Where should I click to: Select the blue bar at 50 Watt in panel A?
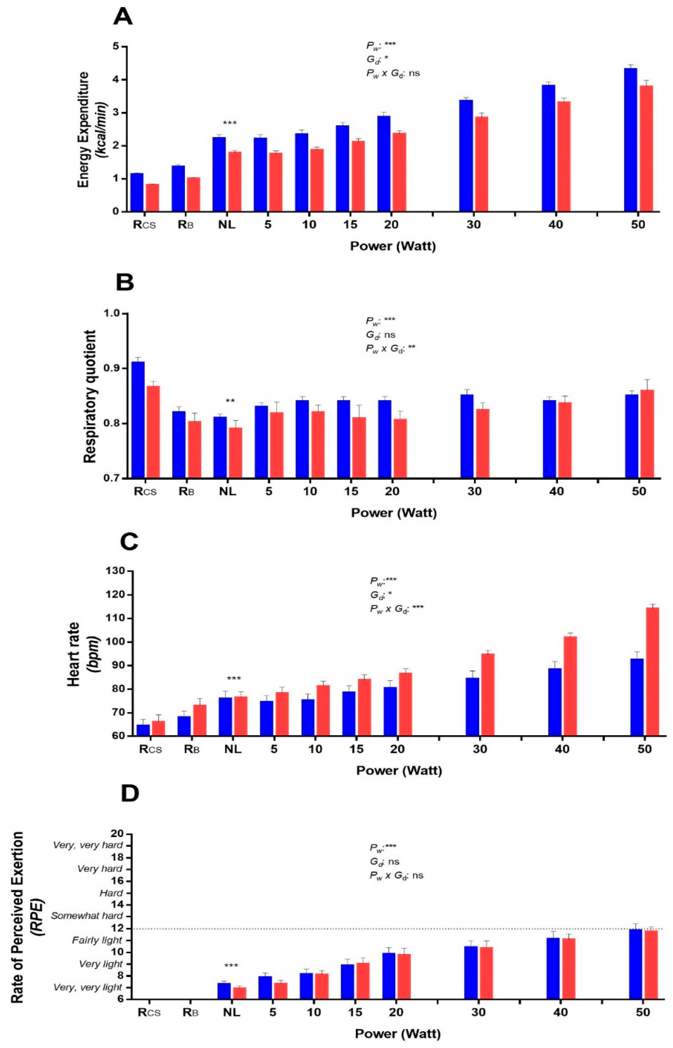tap(630, 140)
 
